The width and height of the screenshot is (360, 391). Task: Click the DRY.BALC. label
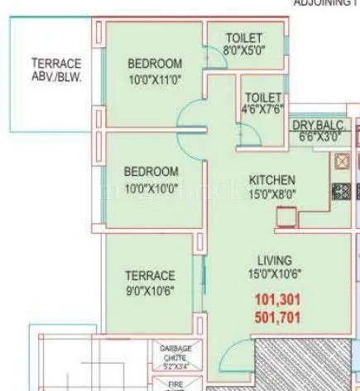(319, 125)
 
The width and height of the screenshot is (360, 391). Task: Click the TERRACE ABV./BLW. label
(55, 70)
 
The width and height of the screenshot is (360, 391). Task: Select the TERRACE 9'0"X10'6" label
(151, 283)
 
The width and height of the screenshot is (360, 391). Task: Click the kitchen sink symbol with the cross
(343, 161)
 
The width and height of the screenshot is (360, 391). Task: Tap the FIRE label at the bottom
(175, 384)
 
